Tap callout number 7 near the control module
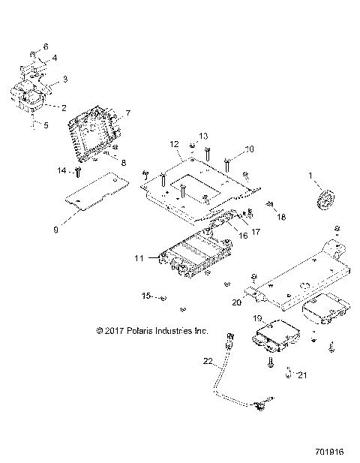click(x=127, y=113)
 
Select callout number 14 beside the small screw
click(x=62, y=171)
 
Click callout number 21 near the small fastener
click(x=302, y=374)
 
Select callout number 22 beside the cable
click(x=208, y=362)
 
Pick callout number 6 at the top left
click(x=44, y=47)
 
